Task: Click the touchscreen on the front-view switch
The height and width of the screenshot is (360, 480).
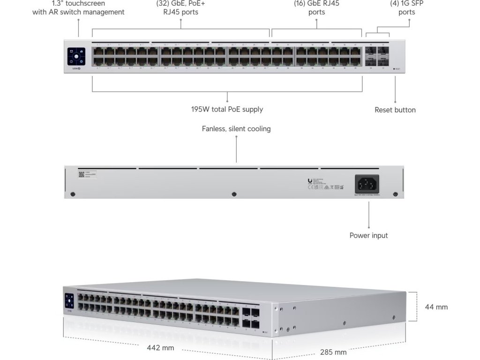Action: coord(75,56)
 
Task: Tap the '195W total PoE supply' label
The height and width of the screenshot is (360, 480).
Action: coord(227,109)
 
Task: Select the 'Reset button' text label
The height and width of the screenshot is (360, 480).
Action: coord(395,110)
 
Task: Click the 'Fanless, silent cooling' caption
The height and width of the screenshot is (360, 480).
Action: coord(236,128)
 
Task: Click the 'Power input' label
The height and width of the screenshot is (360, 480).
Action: coord(368,235)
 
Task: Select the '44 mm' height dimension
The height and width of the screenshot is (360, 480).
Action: coord(436,307)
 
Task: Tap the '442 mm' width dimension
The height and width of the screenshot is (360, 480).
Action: coord(161,348)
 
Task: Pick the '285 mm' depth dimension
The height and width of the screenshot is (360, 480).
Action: coord(333,352)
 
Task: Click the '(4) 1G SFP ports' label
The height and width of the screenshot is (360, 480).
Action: coord(406,7)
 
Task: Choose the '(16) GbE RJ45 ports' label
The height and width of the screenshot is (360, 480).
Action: coord(316,7)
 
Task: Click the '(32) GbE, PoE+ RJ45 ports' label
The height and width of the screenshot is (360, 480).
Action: coord(180,7)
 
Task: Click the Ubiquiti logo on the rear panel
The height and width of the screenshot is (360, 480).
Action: coord(310,181)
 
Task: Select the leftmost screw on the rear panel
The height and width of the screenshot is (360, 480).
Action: coord(72,194)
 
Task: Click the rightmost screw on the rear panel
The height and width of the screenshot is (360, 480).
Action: coord(395,194)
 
